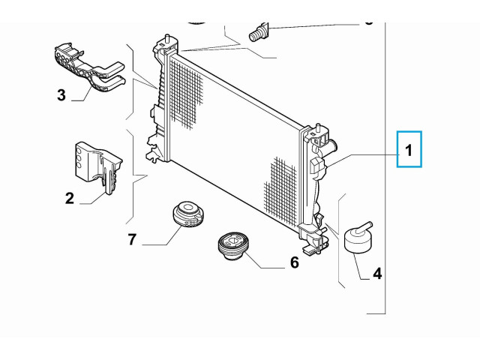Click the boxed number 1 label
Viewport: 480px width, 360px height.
(409, 150)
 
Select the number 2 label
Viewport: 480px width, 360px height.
(69, 198)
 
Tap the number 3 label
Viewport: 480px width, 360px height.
(61, 95)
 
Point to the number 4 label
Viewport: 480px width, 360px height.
(377, 274)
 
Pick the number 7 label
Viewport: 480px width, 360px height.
(132, 240)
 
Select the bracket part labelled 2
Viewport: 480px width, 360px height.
(97, 165)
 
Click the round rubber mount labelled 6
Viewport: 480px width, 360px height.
(229, 245)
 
